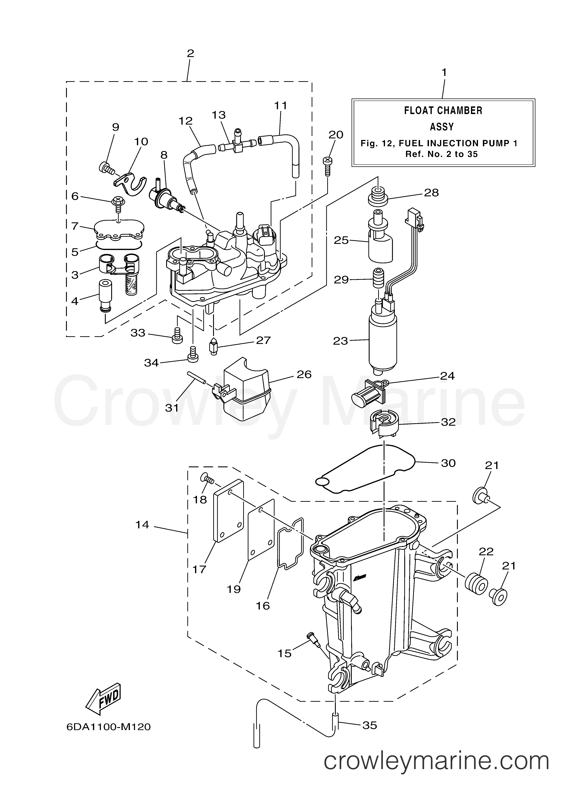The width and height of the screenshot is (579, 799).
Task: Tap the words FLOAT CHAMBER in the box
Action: pyautogui.click(x=443, y=111)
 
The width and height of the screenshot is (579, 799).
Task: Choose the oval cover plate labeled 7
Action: pyautogui.click(x=120, y=230)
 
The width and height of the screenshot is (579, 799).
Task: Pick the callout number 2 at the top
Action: pyautogui.click(x=190, y=54)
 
